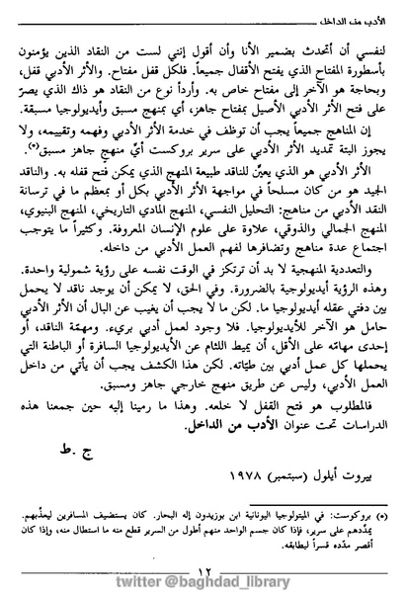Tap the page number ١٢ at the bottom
[203, 543]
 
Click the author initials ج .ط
[73, 427]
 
